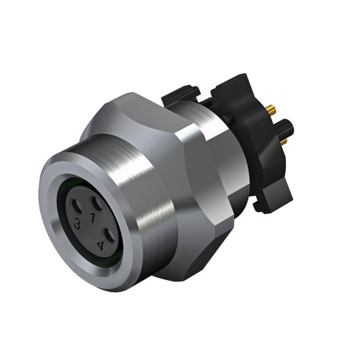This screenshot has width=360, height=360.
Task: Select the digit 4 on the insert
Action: tap(100, 245)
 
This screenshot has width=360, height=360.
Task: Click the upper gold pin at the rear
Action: tap(271, 110)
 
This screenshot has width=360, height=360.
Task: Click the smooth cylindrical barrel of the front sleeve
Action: tap(144, 216)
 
